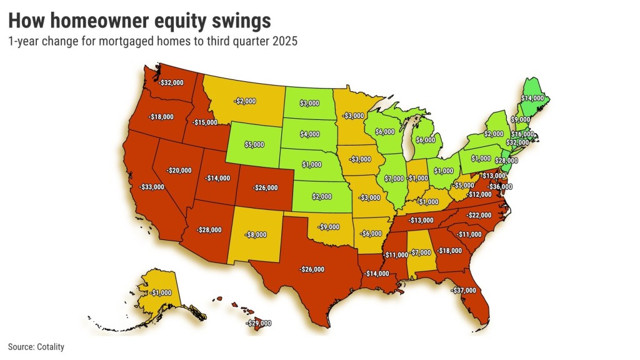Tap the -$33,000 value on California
point(152,187)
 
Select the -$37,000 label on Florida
point(464,290)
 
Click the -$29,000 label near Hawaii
point(259,323)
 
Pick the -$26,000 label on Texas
point(312,269)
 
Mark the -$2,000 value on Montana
point(246,101)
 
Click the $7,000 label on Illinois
point(394,179)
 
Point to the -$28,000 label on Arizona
point(209,229)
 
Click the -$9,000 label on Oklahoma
point(330,227)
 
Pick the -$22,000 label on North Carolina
point(479,215)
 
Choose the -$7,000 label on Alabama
point(421,252)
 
